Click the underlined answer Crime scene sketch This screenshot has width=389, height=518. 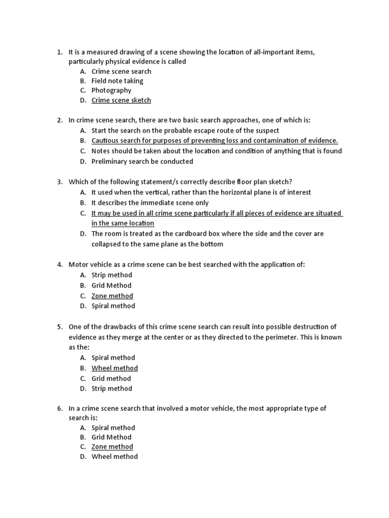[x=121, y=100]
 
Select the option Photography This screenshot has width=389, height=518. [x=111, y=91]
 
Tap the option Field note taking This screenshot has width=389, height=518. [x=117, y=81]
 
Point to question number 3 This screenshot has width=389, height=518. [x=59, y=182]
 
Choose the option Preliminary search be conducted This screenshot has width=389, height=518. [x=142, y=161]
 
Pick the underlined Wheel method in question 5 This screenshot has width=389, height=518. [x=114, y=368]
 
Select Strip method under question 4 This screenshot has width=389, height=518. [x=111, y=275]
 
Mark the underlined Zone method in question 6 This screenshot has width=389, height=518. [x=112, y=447]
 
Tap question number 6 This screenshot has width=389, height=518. [x=59, y=408]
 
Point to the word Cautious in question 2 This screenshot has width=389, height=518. [x=105, y=141]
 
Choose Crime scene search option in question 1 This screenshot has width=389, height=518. [x=121, y=71]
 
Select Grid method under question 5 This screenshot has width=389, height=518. [x=111, y=378]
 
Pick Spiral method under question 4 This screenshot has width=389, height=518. [x=113, y=306]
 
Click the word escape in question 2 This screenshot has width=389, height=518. [x=206, y=131]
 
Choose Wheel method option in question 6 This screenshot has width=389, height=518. [x=114, y=456]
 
